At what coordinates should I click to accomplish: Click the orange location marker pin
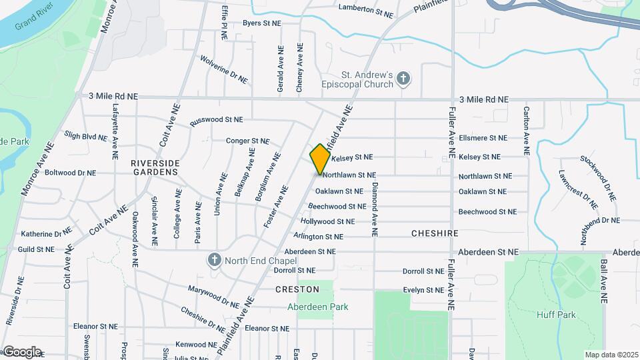[x=320, y=159]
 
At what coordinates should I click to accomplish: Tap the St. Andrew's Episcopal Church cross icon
[x=403, y=79]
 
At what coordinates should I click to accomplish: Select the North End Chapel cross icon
[x=214, y=259]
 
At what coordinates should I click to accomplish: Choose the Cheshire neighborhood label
[x=435, y=233]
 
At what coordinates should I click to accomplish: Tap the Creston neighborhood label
[x=297, y=289]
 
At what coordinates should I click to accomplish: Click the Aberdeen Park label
[x=309, y=307]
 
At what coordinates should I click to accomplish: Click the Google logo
[x=22, y=351]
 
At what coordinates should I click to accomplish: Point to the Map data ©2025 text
[x=611, y=355]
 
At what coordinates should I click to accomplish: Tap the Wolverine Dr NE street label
[x=223, y=69]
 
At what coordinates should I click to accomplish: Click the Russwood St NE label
[x=217, y=121]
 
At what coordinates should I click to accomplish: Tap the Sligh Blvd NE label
[x=85, y=136]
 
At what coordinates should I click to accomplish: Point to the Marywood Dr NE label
[x=213, y=293]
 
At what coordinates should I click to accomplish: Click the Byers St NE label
[x=261, y=23]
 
